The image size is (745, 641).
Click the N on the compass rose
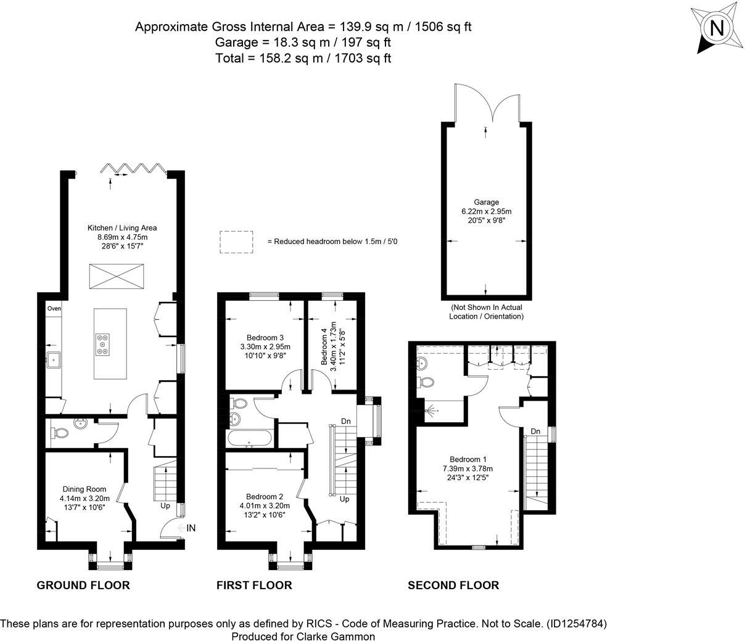717,28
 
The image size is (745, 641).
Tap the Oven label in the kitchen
54,308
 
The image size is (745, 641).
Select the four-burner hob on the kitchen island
103,345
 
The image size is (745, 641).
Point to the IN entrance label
191,528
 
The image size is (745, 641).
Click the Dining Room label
84,489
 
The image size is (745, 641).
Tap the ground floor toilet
60,433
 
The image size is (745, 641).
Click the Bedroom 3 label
265,338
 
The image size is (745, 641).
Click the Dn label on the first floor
345,421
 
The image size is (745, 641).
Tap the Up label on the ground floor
165,506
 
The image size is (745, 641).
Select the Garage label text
486,202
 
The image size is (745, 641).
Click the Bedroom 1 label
468,459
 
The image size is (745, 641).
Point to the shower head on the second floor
432,410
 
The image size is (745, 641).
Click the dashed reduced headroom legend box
236,242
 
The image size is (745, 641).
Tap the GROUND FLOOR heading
83,585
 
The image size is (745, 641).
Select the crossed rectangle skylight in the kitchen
117,276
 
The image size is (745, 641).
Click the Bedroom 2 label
265,497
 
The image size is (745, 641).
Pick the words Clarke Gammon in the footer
335,636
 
